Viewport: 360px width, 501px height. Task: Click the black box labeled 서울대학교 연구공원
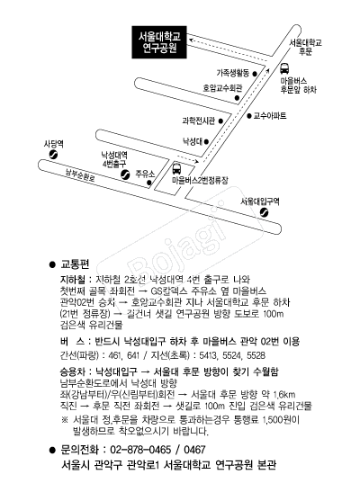point(159,42)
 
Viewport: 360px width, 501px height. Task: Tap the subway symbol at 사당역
point(53,155)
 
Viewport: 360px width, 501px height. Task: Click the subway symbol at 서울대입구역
point(264,212)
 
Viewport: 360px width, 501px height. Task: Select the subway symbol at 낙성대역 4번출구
point(125,174)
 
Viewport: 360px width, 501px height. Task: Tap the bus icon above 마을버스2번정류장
point(176,168)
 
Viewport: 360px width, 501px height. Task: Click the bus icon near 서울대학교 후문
point(284,68)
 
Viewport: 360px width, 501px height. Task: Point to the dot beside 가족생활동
point(255,74)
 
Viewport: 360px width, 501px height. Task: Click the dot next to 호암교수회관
point(237,98)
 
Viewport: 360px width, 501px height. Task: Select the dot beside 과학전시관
point(220,121)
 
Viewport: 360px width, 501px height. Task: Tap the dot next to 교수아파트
point(249,116)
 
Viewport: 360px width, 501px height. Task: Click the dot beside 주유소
point(149,183)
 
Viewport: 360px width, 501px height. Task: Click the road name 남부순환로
point(80,175)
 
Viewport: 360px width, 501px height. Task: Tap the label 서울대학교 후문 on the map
point(306,47)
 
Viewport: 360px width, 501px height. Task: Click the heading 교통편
point(75,264)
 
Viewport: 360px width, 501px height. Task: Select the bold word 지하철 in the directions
point(73,280)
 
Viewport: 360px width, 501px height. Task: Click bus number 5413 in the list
point(208,355)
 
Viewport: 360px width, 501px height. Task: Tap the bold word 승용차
point(73,371)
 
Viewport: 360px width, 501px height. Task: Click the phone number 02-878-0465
point(140,450)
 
